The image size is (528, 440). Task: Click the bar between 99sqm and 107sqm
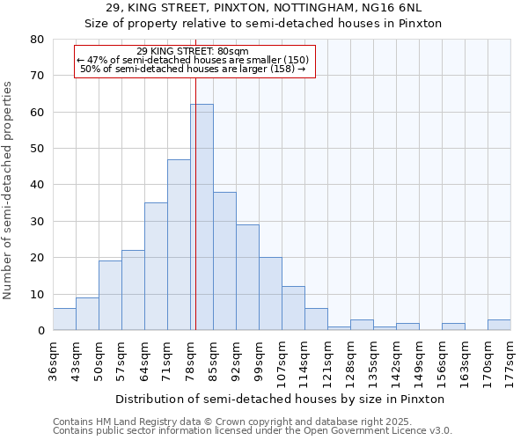tap(270, 294)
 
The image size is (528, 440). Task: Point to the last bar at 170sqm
tap(499, 325)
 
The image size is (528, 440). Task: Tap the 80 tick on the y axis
tap(36, 40)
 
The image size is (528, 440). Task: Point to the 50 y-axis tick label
tap(36, 149)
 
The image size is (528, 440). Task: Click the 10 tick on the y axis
tap(36, 294)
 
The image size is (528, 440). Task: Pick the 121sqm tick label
tap(327, 360)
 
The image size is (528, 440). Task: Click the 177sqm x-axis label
tap(510, 360)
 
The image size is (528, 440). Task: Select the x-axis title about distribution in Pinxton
tap(280, 400)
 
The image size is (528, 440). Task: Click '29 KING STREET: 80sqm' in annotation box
tap(193, 51)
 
